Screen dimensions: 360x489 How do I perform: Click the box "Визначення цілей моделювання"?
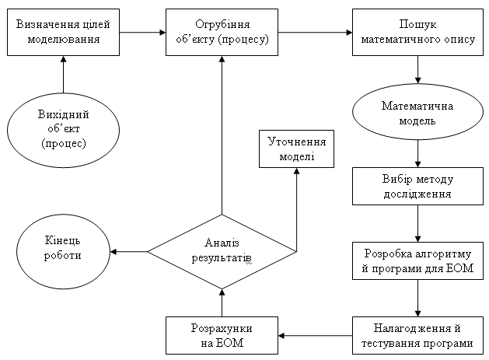point(63,32)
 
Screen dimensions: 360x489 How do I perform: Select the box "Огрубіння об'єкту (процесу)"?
point(222,32)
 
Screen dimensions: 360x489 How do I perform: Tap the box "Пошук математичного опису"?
point(419,32)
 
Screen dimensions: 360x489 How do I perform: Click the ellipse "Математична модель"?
point(419,113)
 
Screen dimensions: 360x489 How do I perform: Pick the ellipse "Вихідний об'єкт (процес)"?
point(63,129)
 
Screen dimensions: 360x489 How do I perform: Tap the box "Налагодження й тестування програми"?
point(419,336)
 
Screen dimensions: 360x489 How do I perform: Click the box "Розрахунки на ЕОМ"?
point(222,336)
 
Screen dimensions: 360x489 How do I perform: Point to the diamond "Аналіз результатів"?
point(222,250)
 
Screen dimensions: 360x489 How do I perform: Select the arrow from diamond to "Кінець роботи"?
point(129,251)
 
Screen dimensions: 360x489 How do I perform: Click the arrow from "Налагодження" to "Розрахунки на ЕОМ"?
point(315,336)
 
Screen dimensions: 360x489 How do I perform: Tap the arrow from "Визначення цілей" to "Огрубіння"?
point(142,33)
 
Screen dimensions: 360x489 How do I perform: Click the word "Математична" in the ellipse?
point(419,106)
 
